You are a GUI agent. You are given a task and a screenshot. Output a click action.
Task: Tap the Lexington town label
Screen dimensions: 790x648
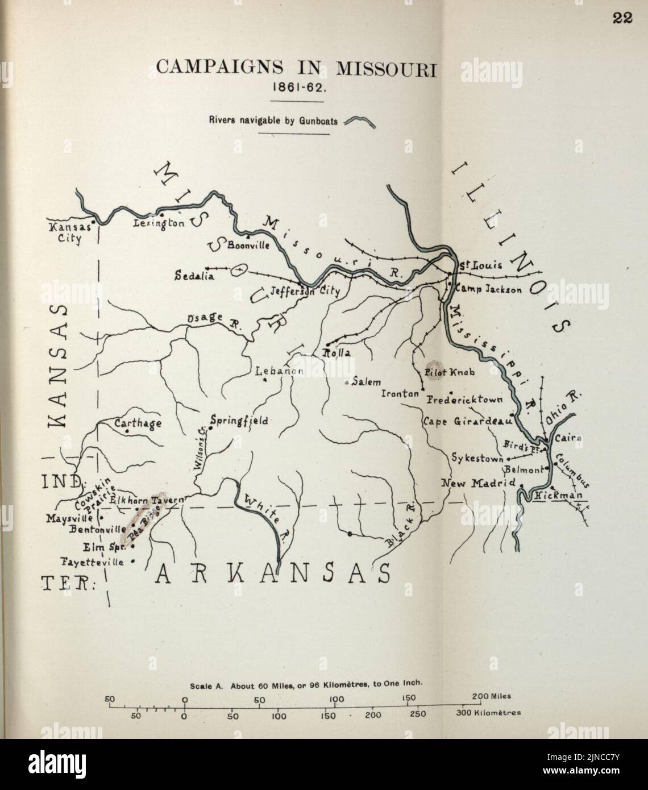pyautogui.click(x=159, y=223)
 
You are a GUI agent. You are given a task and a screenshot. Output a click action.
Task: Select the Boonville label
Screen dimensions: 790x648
pyautogui.click(x=248, y=246)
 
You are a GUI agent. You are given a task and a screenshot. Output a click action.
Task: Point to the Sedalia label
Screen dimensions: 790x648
pyautogui.click(x=194, y=277)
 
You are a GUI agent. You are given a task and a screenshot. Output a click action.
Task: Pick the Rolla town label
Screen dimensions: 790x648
pyautogui.click(x=337, y=353)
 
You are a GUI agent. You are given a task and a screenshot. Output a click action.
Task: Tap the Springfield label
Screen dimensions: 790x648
pyautogui.click(x=239, y=421)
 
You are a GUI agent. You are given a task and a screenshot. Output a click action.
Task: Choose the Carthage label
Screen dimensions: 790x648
pyautogui.click(x=138, y=423)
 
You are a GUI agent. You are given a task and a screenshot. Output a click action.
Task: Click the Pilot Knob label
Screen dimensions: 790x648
pyautogui.click(x=454, y=372)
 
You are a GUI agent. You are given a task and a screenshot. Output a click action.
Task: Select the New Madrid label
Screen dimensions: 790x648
pyautogui.click(x=478, y=483)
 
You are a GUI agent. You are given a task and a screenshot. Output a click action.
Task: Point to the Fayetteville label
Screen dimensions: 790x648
pyautogui.click(x=93, y=562)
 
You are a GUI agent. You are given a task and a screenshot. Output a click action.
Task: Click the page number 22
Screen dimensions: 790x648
pyautogui.click(x=622, y=18)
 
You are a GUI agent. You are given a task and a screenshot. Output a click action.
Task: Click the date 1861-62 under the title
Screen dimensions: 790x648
pyautogui.click(x=296, y=90)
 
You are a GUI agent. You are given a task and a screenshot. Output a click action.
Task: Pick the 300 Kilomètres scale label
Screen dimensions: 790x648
pyautogui.click(x=488, y=713)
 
